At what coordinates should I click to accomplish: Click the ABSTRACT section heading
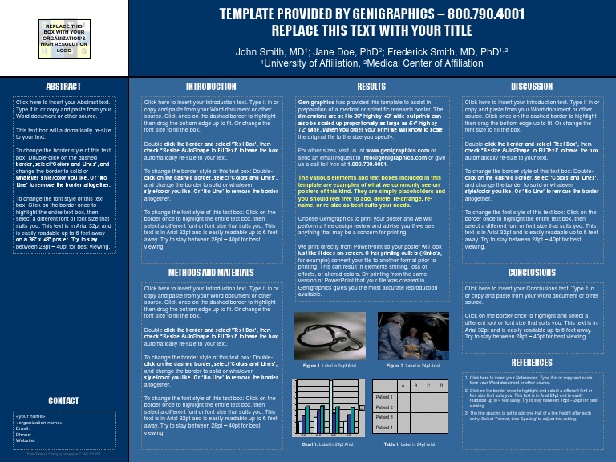coord(63,86)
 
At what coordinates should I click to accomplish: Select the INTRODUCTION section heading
coord(211,86)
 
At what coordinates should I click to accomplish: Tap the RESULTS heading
coord(371,86)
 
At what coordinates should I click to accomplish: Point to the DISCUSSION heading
coord(532,86)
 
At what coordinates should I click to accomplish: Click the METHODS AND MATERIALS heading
coord(211,273)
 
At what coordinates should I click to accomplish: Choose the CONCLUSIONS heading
coord(532,273)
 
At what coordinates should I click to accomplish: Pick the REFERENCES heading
coord(532,363)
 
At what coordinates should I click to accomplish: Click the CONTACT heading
coord(63,400)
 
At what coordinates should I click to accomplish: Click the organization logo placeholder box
coord(63,38)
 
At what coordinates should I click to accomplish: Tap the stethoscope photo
coord(330,335)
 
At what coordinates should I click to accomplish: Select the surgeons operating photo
coord(413,335)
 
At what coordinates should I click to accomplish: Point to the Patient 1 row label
coord(384,397)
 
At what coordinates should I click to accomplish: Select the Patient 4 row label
coord(384,428)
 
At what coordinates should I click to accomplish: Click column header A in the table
coord(403,387)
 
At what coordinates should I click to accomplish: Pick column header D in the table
coord(441,387)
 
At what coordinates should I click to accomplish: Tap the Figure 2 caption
coord(413,366)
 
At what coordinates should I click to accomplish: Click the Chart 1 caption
coord(329,444)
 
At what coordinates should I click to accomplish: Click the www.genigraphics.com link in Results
coord(397,150)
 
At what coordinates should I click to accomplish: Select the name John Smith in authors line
coord(261,51)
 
